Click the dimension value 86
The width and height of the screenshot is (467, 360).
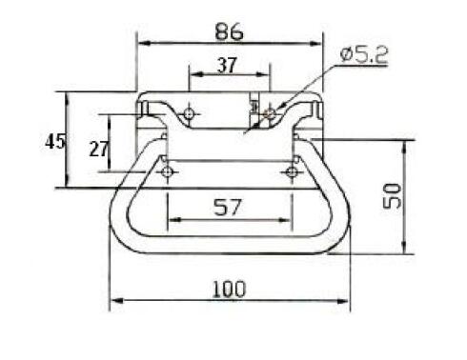(229, 31)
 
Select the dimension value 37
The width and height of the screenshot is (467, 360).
(227, 65)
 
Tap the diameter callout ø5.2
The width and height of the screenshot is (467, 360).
(364, 54)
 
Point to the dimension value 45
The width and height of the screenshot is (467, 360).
(55, 142)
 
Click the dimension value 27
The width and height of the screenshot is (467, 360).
(99, 149)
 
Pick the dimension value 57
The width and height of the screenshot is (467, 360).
(228, 207)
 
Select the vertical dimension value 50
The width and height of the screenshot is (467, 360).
(392, 196)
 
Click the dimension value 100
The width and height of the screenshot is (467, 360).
(229, 289)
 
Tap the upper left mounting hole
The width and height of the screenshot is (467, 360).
(190, 113)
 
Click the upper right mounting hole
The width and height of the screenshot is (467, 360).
(270, 113)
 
